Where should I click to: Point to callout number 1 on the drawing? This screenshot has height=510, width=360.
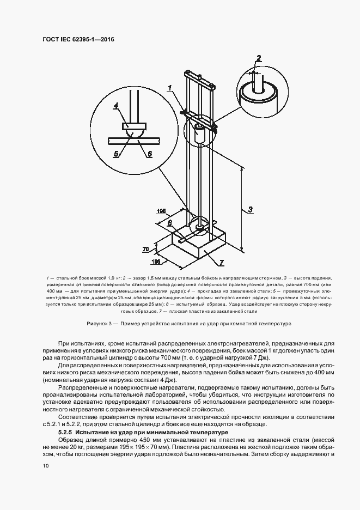pos(170,87)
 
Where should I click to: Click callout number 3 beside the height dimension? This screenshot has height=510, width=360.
pos(249,209)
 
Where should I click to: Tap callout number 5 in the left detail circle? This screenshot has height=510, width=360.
pos(115,154)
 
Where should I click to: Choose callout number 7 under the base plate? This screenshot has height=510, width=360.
pos(222,263)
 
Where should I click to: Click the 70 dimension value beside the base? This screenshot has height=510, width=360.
pos(145,249)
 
